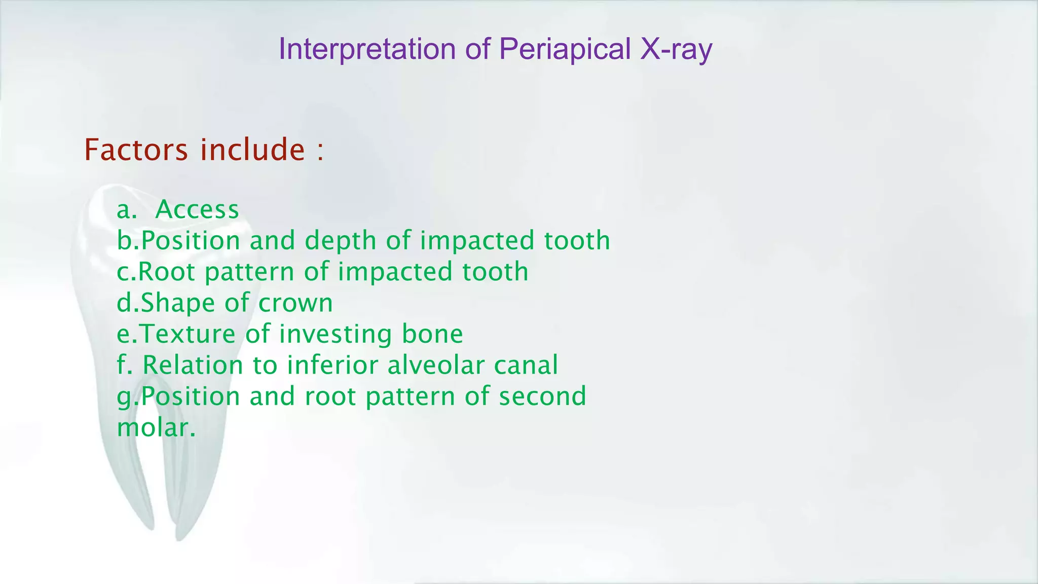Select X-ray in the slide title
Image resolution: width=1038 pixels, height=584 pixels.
[676, 50]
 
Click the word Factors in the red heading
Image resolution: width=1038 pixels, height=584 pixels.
[136, 150]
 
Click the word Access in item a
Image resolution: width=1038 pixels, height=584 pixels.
[197, 209]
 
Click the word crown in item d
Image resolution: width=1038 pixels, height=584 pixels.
[295, 303]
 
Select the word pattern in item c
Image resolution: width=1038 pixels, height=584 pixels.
[249, 273]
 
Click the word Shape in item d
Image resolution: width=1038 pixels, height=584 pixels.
[178, 303]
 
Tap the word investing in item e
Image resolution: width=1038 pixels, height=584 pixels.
[335, 334]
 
